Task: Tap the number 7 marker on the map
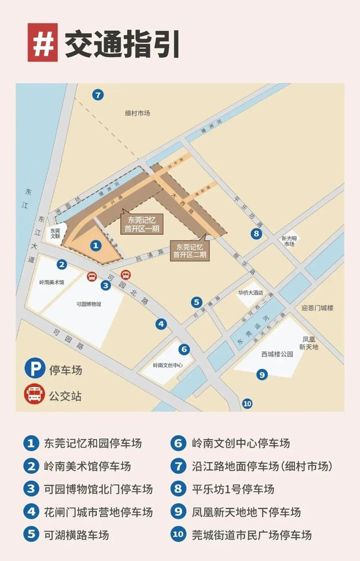pos(98,95)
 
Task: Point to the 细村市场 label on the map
pos(138,113)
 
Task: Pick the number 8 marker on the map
pos(256,234)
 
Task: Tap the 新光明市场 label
pos(289,241)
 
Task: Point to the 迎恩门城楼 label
pos(317,308)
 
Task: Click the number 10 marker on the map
pos(247,403)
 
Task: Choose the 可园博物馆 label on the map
pos(88,304)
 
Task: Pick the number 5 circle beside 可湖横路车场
pos(30,535)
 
